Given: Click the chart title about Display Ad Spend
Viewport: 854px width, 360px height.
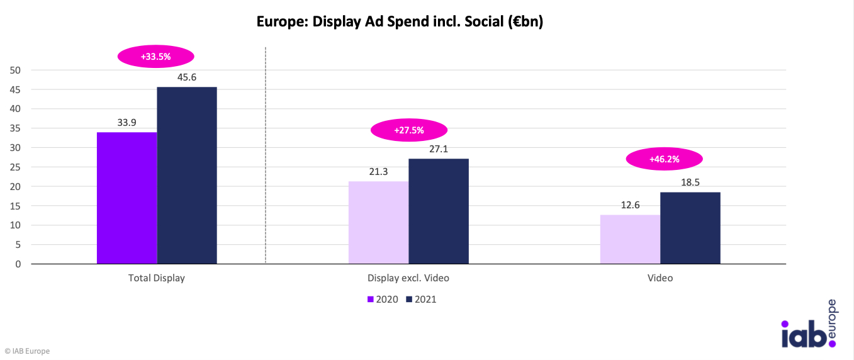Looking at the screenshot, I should point(400,22).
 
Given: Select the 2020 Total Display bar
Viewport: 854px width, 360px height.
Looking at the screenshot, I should point(126,198).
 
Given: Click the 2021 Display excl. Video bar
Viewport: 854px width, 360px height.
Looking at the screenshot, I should point(439,211).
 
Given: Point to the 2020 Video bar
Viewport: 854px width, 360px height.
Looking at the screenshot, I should point(630,239).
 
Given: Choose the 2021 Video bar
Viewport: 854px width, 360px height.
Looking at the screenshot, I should point(690,228).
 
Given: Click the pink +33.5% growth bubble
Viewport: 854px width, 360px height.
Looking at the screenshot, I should point(155,57).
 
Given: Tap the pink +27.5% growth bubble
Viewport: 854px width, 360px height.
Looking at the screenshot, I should point(408,130).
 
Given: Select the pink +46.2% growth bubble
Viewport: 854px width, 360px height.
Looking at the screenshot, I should point(664,159).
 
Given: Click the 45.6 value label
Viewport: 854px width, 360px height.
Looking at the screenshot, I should point(187,77).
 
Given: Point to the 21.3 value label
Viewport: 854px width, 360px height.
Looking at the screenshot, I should point(378,172).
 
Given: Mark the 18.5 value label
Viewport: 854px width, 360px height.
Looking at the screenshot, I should point(690,183).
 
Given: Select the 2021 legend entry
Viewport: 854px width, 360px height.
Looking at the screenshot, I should point(421,300).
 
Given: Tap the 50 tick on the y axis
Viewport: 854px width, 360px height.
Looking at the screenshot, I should point(15,70).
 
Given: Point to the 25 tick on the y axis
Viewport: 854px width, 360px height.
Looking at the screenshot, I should point(15,167).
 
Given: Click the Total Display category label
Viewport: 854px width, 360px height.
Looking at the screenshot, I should point(157,278).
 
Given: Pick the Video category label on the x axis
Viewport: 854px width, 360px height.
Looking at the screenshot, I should point(660,278).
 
